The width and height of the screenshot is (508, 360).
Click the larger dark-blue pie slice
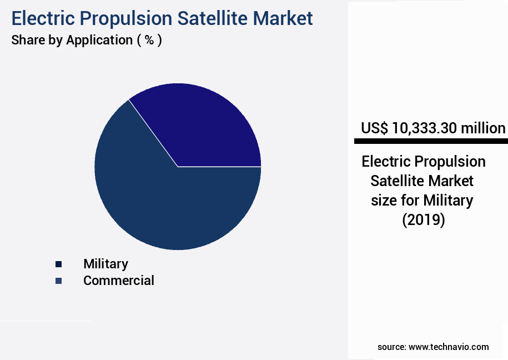tap(161, 206)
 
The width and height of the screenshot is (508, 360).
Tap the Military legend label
tap(105, 264)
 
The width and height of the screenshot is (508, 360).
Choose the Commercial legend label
tap(119, 281)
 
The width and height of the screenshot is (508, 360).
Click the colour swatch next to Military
tap(58, 264)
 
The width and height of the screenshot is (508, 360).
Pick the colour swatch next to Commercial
tap(58, 281)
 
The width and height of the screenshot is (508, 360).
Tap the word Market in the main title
tap(284, 18)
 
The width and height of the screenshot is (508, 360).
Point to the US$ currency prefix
tap(375, 128)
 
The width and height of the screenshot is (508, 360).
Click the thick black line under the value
tap(431, 142)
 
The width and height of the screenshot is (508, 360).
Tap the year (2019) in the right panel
tap(424, 220)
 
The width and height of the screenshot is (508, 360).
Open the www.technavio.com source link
tap(449, 347)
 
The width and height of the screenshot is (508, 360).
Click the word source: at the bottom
tap(391, 347)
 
